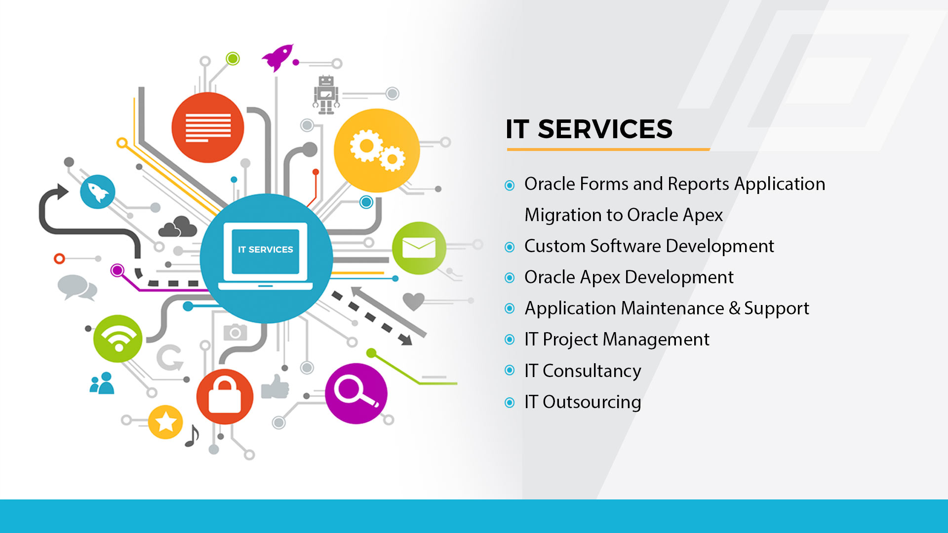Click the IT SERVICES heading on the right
pos(589,129)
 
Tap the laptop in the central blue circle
pos(266,256)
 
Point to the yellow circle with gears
pos(377,151)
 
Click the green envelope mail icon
pos(419,248)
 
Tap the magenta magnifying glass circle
pos(356,393)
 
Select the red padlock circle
pos(225,396)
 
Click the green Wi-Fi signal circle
pos(118,339)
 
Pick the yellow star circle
pos(165,422)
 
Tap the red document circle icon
pos(208,127)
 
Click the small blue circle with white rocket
pos(98,192)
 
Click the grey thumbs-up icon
pos(275,386)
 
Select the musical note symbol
pos(192,436)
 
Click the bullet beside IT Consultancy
pos(510,371)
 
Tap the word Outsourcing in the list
pos(592,403)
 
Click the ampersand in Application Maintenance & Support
pos(735,308)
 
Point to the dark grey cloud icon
pos(178,227)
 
